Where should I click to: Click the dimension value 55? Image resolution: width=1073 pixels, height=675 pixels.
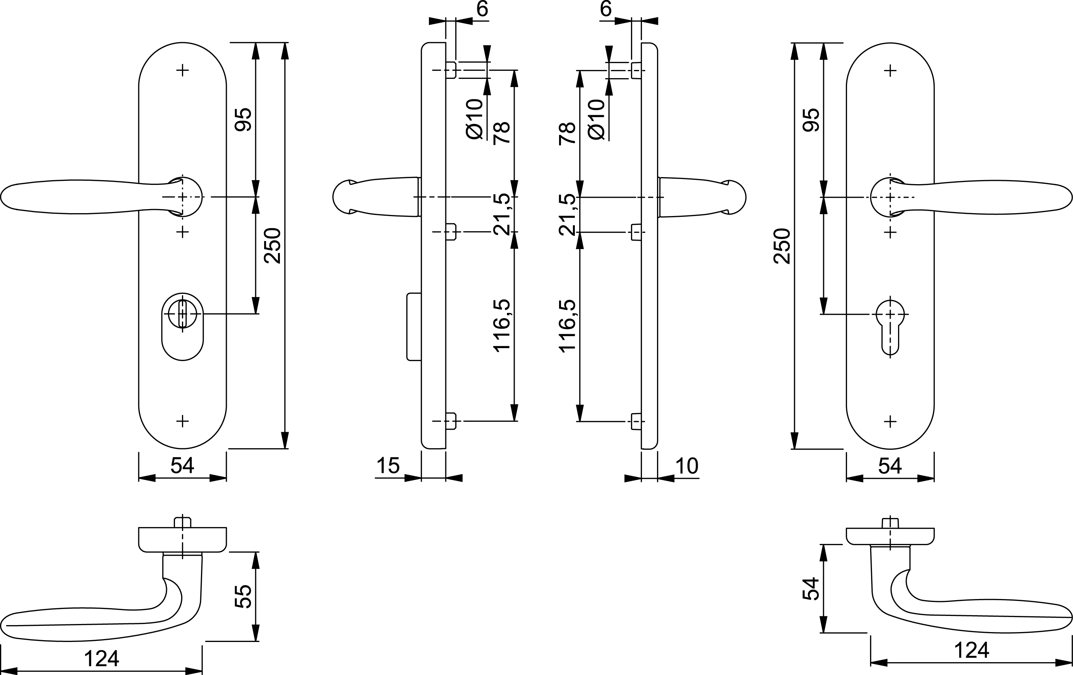(x=243, y=596)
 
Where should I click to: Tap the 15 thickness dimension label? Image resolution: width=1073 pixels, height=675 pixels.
(x=388, y=466)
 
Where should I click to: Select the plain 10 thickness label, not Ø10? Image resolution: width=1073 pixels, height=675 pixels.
(x=687, y=466)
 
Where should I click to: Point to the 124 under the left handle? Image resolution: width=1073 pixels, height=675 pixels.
(x=102, y=659)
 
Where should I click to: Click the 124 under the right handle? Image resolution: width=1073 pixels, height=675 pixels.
(x=971, y=650)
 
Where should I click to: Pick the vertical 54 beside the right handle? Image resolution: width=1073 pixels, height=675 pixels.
(x=811, y=588)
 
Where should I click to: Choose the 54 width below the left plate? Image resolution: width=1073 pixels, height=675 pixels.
(x=182, y=466)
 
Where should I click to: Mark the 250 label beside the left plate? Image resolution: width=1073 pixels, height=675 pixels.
(x=273, y=245)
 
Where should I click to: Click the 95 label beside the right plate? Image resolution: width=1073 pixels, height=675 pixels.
(x=811, y=119)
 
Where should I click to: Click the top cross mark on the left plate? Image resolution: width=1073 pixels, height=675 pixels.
(x=182, y=70)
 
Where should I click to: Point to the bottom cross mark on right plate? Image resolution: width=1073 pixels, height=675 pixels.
(x=890, y=421)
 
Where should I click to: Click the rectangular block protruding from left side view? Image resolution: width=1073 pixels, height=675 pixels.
(x=414, y=326)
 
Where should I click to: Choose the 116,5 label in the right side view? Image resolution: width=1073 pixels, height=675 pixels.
(x=568, y=326)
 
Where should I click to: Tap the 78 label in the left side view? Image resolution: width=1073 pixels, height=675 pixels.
(x=502, y=132)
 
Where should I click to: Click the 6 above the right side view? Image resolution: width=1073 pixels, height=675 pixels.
(x=606, y=9)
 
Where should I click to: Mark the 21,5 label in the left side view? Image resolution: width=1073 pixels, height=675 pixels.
(x=502, y=214)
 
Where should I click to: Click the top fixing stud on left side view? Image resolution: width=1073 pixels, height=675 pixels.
(x=451, y=70)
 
